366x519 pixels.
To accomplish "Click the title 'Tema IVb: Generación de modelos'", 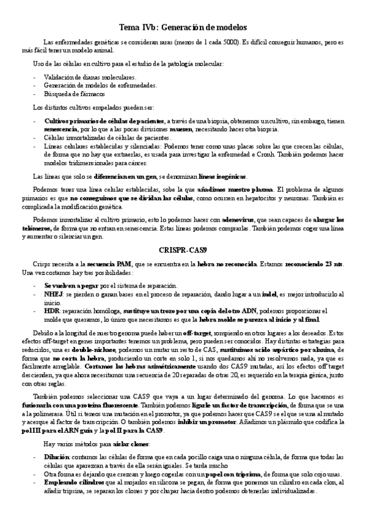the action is click(x=183, y=28).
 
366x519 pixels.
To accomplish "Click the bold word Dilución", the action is click(x=56, y=457).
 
